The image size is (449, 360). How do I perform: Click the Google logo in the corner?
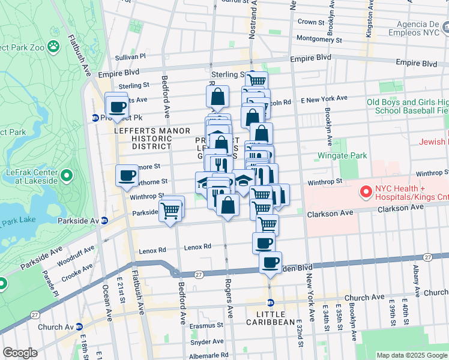tap(20, 353)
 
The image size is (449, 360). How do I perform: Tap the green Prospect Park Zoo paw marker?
tap(53, 46)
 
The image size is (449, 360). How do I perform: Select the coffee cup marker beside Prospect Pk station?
tap(118, 107)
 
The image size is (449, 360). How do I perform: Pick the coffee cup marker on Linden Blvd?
tap(270, 262)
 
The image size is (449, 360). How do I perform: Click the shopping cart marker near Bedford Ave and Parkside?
tap(171, 210)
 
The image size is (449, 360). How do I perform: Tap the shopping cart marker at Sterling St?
tap(256, 80)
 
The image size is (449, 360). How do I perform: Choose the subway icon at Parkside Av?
tap(104, 220)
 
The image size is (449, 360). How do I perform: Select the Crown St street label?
tap(311, 22)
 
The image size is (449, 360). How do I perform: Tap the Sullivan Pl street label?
tap(130, 57)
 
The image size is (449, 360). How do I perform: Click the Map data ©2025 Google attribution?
tap(411, 355)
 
